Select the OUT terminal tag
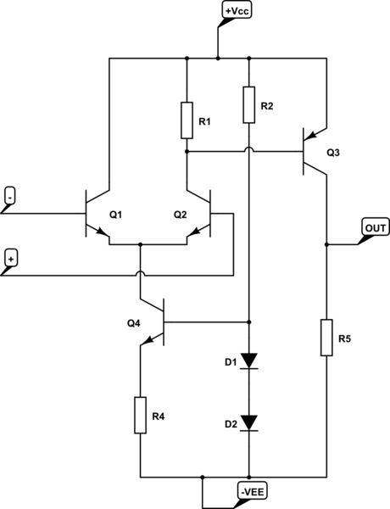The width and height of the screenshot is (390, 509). (x=374, y=227)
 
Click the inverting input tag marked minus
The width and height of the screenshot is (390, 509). (x=9, y=195)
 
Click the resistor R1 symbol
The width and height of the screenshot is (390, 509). (x=187, y=120)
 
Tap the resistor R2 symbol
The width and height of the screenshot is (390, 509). (x=248, y=104)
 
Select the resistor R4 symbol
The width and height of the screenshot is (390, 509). (x=140, y=415)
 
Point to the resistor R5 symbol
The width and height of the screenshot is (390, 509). (x=326, y=337)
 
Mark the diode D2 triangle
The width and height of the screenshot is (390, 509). (x=248, y=422)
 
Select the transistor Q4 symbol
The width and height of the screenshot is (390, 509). (x=153, y=323)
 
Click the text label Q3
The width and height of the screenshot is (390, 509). (x=332, y=153)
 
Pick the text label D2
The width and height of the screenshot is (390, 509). (x=230, y=422)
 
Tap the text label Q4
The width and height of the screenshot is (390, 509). (x=134, y=323)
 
